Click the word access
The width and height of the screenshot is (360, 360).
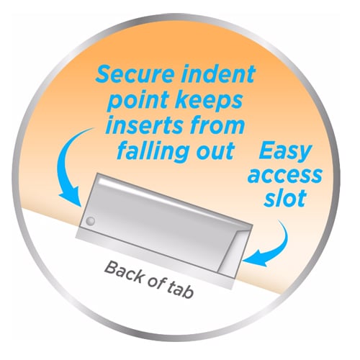pyautogui.click(x=285, y=175)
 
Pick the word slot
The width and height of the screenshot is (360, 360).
pyautogui.click(x=285, y=198)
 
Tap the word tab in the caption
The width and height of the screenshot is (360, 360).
pyautogui.click(x=181, y=290)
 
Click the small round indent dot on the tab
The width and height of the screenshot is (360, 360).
pyautogui.click(x=91, y=221)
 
